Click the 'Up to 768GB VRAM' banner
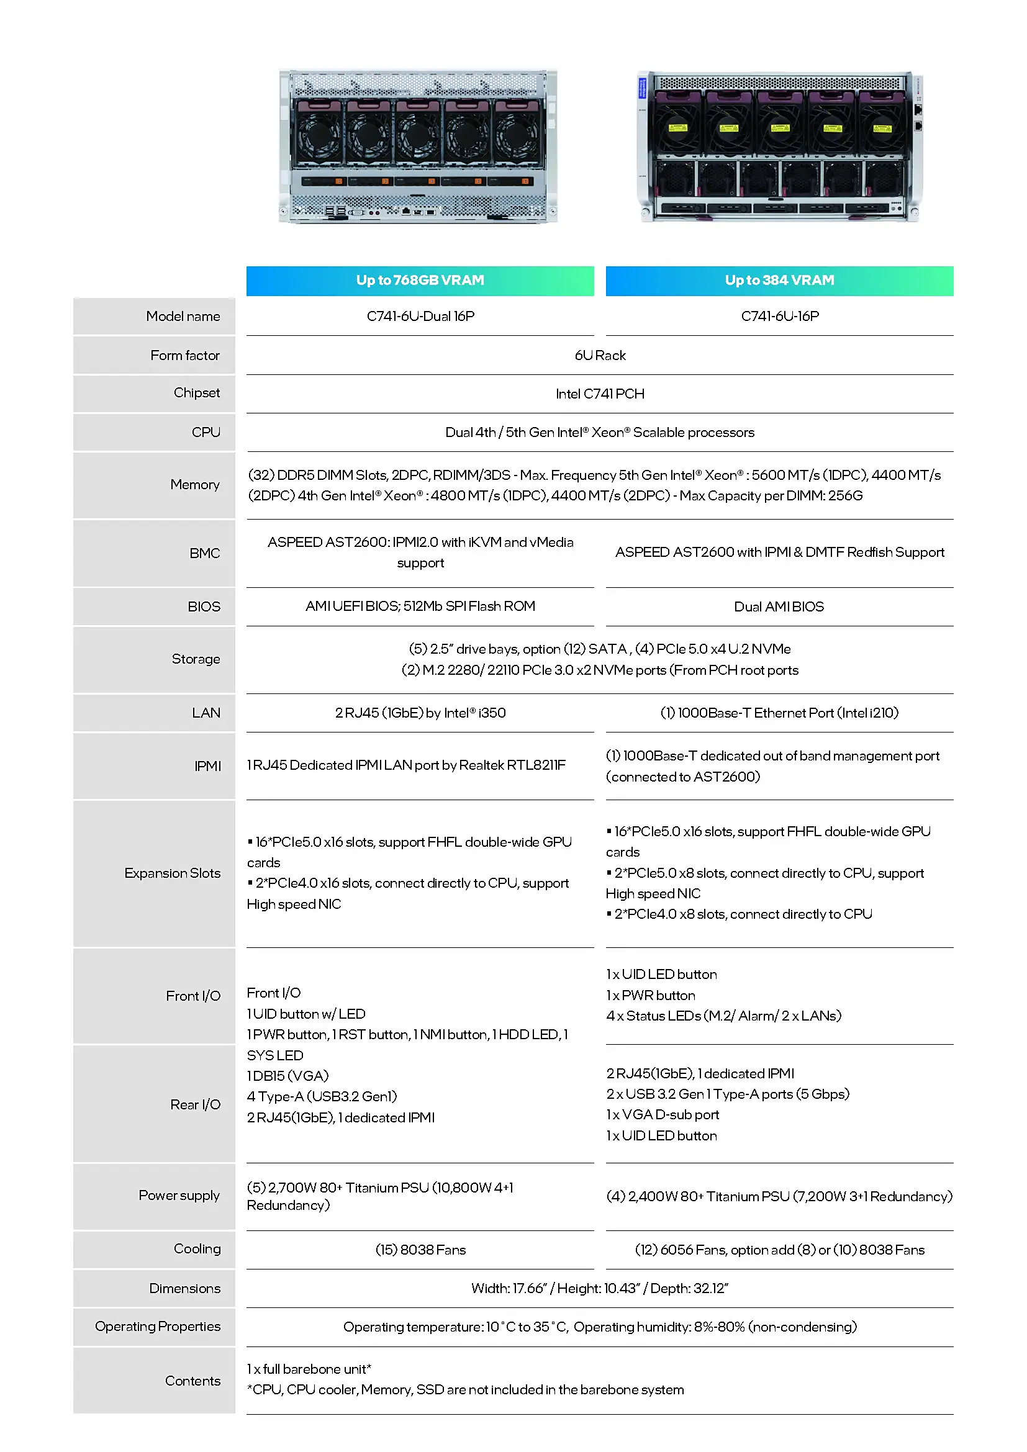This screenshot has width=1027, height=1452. click(x=420, y=280)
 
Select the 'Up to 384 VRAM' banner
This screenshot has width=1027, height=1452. click(x=779, y=280)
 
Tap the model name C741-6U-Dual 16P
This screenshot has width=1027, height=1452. click(x=420, y=316)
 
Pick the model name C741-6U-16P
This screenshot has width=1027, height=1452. click(x=780, y=316)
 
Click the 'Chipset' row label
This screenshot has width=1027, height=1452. click(x=197, y=393)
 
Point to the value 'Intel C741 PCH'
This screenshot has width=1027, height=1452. click(x=600, y=394)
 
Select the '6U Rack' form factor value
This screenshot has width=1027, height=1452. click(x=600, y=356)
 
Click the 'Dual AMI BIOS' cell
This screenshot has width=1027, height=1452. click(x=779, y=607)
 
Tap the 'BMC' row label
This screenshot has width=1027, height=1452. click(x=204, y=553)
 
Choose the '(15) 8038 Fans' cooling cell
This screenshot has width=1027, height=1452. click(x=420, y=1250)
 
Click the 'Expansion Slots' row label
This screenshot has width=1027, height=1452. click(x=172, y=873)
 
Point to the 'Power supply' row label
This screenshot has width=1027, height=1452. click(x=179, y=1195)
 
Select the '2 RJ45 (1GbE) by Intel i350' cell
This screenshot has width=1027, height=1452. click(x=420, y=713)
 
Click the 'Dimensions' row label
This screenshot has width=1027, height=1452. click(x=184, y=1288)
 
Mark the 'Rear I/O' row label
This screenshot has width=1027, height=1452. click(x=195, y=1104)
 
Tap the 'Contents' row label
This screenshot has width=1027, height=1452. click(x=192, y=1381)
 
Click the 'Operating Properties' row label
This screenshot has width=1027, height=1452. click(x=158, y=1326)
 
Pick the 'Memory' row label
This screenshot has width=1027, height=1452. click(x=195, y=484)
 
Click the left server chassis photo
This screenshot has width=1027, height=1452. click(x=418, y=147)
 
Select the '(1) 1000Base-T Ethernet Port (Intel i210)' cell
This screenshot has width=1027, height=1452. click(x=779, y=713)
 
